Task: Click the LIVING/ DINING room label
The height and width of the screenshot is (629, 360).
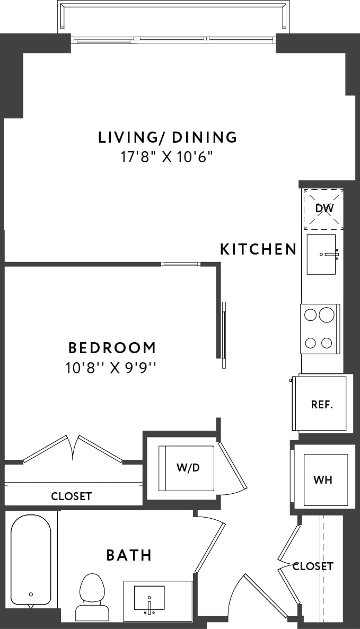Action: [x=168, y=137]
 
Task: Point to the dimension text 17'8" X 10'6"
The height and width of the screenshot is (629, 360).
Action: [x=168, y=158]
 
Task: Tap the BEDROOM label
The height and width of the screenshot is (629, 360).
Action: [x=112, y=348]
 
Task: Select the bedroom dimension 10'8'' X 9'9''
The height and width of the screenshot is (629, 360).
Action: [x=112, y=367]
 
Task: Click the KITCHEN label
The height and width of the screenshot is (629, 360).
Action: [x=258, y=249]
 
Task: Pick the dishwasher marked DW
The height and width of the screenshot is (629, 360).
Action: [x=323, y=209]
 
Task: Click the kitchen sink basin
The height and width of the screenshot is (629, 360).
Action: [x=321, y=255]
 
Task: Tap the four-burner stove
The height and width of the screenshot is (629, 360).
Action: [x=320, y=329]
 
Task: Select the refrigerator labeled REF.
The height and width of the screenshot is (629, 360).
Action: [x=321, y=404]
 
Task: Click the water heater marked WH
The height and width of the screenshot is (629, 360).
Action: [x=323, y=480]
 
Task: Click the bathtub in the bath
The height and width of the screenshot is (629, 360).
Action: [x=31, y=560]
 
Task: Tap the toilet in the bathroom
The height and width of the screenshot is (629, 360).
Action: [x=92, y=597]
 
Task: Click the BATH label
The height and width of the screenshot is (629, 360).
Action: [x=129, y=555]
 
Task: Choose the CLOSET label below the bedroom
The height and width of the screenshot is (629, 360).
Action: [x=71, y=496]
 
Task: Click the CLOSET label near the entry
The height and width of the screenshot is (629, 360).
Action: [x=313, y=566]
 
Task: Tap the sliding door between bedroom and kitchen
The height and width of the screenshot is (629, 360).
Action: [x=224, y=334]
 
